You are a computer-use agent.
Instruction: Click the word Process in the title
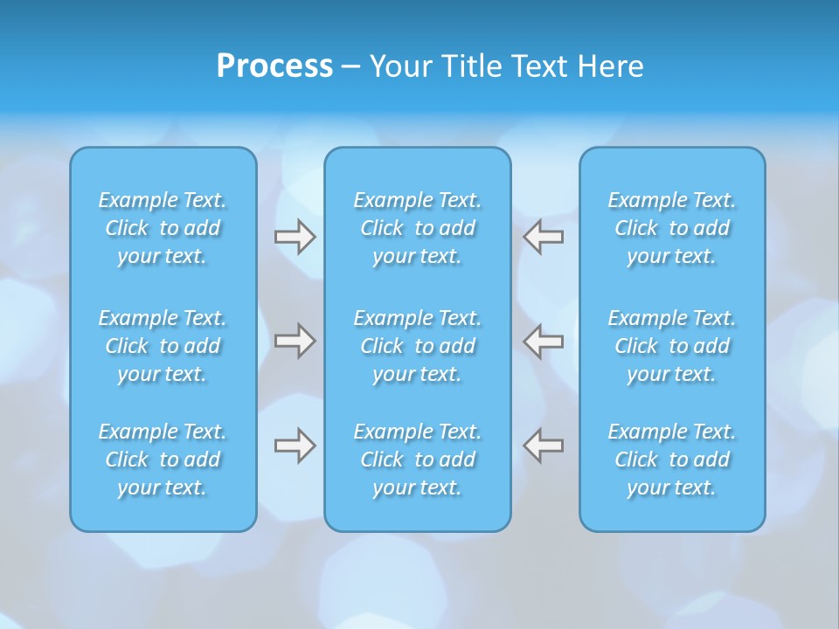click(274, 66)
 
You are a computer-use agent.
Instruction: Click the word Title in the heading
click(463, 66)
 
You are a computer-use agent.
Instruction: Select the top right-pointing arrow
click(295, 237)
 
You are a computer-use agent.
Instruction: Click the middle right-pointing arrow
click(295, 341)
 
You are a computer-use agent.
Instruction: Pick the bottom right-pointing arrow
click(295, 446)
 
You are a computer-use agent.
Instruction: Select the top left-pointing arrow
click(544, 237)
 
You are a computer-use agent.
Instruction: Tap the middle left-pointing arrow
click(544, 341)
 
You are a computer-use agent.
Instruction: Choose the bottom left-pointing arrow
click(544, 446)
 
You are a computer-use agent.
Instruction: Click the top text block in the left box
click(163, 228)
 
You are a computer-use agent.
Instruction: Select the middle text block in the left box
click(163, 346)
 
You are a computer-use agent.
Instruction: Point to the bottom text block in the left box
click(163, 460)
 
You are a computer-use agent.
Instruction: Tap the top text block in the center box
click(418, 228)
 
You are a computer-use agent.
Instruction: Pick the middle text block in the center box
click(418, 346)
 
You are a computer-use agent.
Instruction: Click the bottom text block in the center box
click(418, 460)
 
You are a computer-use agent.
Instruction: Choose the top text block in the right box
click(672, 228)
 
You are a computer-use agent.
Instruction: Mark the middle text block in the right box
click(672, 346)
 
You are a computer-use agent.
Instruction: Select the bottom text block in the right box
click(672, 460)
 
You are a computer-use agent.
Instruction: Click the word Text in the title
click(537, 66)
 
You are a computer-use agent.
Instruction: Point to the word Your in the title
click(399, 66)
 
